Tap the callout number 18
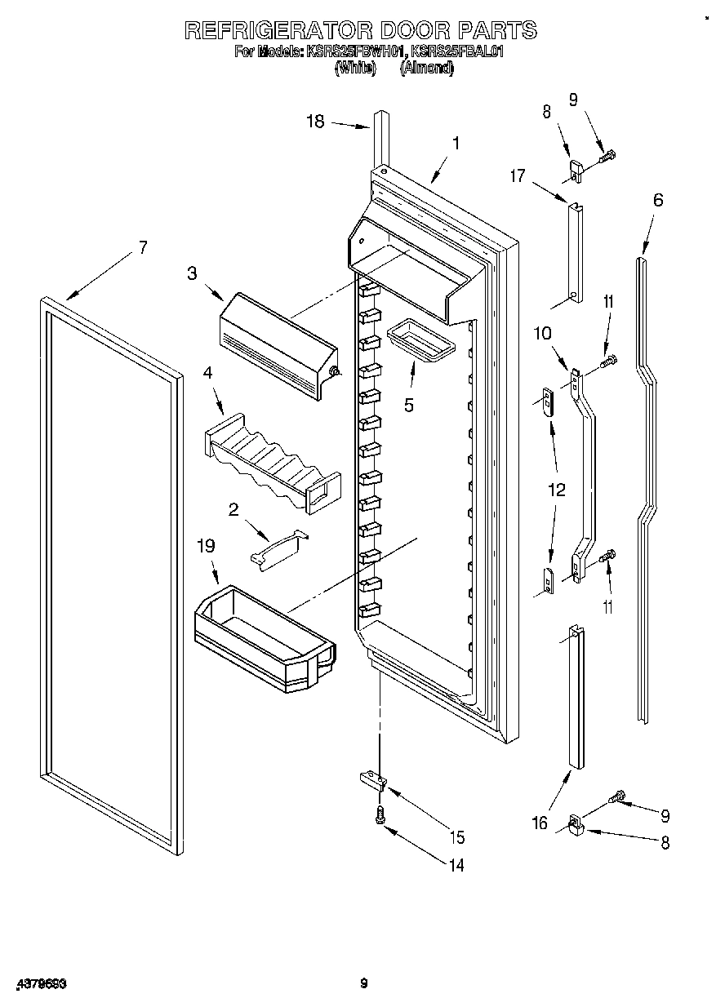pyautogui.click(x=315, y=122)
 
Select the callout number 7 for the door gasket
pyautogui.click(x=143, y=247)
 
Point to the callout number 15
pyautogui.click(x=456, y=837)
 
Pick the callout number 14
pyautogui.click(x=456, y=865)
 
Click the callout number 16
pyautogui.click(x=540, y=823)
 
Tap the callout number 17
pyautogui.click(x=518, y=175)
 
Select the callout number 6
pyautogui.click(x=657, y=200)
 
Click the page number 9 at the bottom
pyautogui.click(x=364, y=984)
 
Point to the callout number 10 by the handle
pyautogui.click(x=543, y=333)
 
